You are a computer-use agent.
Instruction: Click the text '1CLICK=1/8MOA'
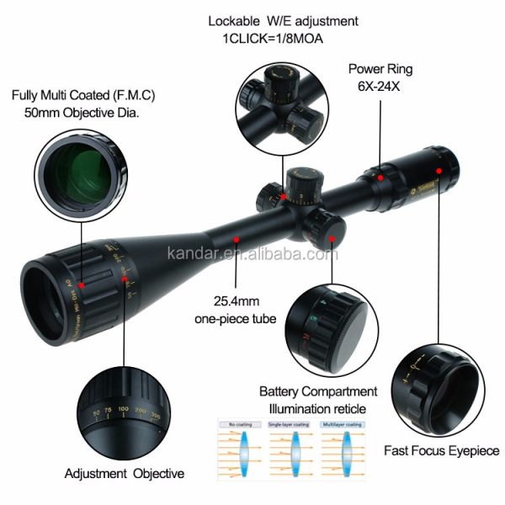coord(272,38)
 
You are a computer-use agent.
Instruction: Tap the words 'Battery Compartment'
coord(317,391)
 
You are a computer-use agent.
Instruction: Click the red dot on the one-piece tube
coord(237,239)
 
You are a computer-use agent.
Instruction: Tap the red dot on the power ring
coord(381,178)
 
